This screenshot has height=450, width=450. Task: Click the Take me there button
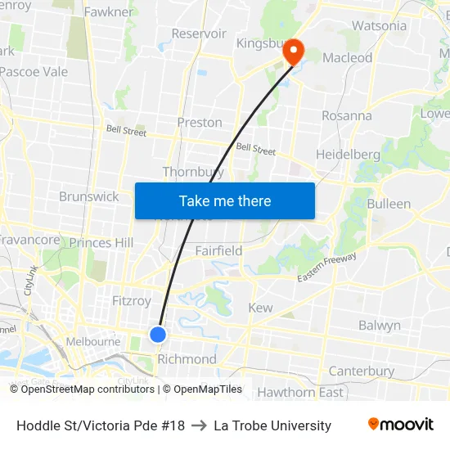click(x=225, y=200)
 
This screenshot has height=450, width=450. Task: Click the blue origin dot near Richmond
click(x=158, y=334)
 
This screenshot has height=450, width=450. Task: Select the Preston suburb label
click(x=200, y=123)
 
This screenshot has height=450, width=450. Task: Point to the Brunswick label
click(x=88, y=196)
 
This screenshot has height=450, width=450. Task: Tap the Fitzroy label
click(x=131, y=301)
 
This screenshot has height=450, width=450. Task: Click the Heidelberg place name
click(x=348, y=155)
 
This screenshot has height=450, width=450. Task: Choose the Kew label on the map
click(x=260, y=308)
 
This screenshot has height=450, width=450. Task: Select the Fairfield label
click(x=218, y=251)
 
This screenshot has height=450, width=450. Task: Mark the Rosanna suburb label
click(x=346, y=115)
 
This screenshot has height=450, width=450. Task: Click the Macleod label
click(x=347, y=58)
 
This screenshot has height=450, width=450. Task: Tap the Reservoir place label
click(x=199, y=34)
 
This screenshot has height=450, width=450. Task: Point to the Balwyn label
click(x=380, y=326)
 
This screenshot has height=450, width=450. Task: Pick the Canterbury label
click(x=361, y=371)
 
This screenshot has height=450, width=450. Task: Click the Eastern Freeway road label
click(x=327, y=268)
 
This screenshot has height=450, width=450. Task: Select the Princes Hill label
click(x=101, y=243)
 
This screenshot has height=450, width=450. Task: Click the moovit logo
click(x=401, y=425)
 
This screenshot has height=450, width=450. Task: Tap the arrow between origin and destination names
click(x=199, y=425)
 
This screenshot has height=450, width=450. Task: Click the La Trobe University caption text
click(x=272, y=425)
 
